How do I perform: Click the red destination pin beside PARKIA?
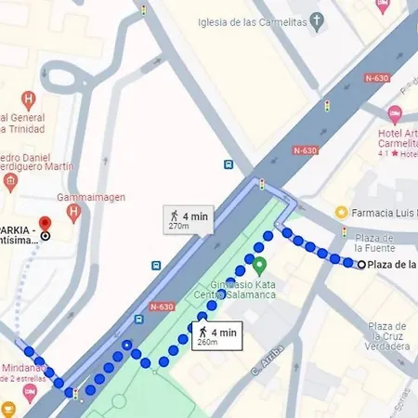(45, 228)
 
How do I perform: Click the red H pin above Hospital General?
(29, 98)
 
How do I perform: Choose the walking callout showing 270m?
(190, 218)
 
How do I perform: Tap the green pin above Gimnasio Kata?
(259, 266)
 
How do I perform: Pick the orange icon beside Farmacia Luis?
(341, 212)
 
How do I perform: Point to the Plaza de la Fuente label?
(376, 242)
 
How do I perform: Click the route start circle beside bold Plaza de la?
(360, 265)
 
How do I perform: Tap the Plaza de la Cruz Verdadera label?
(387, 335)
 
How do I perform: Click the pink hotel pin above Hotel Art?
(394, 113)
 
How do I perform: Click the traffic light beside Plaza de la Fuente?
(344, 231)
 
